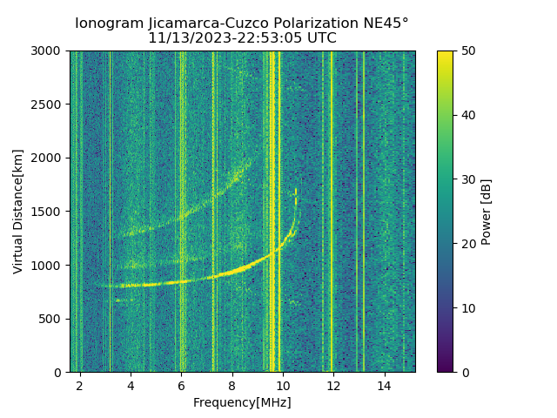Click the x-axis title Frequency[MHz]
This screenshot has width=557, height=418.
tap(242, 402)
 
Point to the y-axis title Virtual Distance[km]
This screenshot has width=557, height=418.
tap(17, 212)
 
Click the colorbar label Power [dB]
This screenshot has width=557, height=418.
tap(487, 212)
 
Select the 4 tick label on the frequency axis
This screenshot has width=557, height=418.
tap(131, 386)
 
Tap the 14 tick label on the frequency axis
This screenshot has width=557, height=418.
tap(384, 386)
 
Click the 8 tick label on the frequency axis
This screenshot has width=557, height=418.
tap(232, 386)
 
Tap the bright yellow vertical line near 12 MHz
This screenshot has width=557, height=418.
tap(331, 209)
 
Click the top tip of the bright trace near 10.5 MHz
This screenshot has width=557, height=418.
tap(296, 189)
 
